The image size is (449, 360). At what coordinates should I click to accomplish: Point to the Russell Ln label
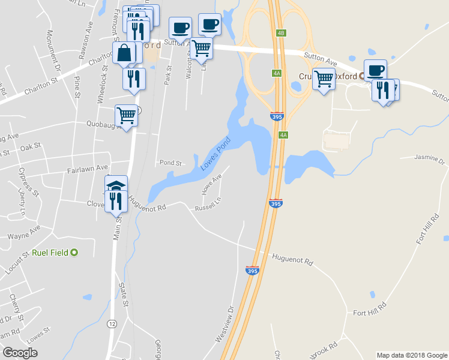click(204, 209)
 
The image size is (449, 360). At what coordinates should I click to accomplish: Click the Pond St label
click(170, 163)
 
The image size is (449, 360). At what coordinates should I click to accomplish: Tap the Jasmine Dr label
click(430, 161)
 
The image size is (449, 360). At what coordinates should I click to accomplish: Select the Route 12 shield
click(112, 323)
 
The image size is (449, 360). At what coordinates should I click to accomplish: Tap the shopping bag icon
click(124, 52)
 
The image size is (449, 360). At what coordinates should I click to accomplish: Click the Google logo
click(20, 353)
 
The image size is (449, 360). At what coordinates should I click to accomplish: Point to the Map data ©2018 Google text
click(411, 355)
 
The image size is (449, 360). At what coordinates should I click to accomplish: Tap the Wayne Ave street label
click(23, 233)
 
